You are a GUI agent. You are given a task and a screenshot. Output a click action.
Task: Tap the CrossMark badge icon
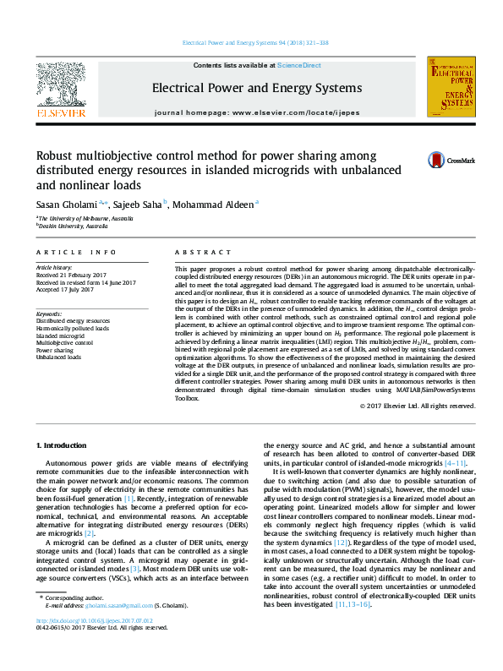point(436,160)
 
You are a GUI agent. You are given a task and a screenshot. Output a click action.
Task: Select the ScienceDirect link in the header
point(299,65)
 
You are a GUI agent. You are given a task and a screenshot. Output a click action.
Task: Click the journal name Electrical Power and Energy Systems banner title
point(257,88)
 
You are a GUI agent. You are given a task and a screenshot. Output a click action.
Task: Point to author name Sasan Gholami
point(68,204)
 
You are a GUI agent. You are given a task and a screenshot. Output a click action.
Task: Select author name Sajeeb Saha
point(139,204)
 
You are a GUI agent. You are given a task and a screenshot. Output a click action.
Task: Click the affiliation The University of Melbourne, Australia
point(85,219)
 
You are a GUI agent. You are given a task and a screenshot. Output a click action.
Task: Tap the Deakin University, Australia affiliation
point(73,226)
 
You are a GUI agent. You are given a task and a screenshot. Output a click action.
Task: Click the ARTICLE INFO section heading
point(76,253)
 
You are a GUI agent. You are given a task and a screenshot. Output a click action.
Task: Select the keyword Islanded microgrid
point(66,335)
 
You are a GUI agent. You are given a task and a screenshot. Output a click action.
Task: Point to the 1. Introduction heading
point(65,445)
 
